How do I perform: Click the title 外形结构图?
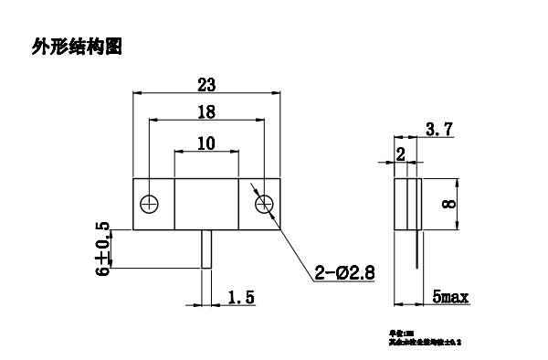pyautogui.click(x=77, y=46)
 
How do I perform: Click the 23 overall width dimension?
pyautogui.click(x=206, y=85)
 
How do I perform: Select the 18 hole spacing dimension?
pyautogui.click(x=206, y=111)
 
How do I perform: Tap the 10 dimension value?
pyautogui.click(x=206, y=143)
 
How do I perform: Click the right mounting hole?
pyautogui.click(x=263, y=202)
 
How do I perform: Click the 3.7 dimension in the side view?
pyautogui.click(x=439, y=132)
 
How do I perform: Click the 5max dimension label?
pyautogui.click(x=450, y=298)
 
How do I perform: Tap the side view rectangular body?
pyautogui.click(x=408, y=203)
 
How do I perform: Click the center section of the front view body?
pyautogui.click(x=206, y=202)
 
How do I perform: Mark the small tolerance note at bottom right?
pyautogui.click(x=426, y=337)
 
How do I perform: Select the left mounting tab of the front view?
pyautogui.click(x=153, y=202)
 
